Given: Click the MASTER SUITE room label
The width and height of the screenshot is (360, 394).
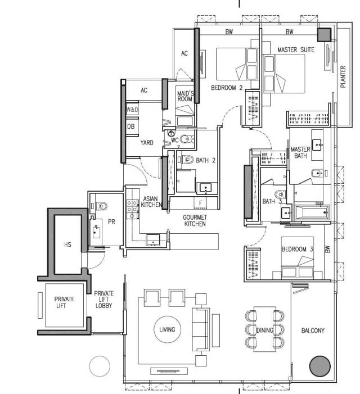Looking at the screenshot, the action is click(296, 49).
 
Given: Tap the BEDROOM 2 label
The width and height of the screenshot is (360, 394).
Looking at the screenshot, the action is click(227, 88).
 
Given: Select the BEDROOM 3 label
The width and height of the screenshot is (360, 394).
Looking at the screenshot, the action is click(297, 249).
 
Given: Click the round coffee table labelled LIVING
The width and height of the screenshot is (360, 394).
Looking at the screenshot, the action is click(167, 329).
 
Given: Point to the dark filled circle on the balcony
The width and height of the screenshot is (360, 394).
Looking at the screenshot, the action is click(319, 366).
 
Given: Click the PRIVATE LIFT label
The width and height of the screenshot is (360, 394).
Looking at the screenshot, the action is click(64, 302).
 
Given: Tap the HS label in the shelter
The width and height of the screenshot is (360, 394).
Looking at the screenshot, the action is click(67, 244).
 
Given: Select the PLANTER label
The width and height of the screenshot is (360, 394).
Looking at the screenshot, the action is click(343, 76).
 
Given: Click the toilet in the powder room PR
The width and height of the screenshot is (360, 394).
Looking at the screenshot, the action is click(101, 206).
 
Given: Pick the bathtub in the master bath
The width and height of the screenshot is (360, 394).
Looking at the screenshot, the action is click(312, 212).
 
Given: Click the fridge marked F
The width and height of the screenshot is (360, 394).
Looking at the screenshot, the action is click(200, 202).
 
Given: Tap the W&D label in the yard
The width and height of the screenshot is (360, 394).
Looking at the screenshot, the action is click(132, 110).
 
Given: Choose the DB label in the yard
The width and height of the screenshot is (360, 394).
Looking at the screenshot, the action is click(130, 126).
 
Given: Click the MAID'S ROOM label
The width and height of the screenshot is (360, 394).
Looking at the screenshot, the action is click(185, 96).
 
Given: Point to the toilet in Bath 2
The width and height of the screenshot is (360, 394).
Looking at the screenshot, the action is click(187, 159).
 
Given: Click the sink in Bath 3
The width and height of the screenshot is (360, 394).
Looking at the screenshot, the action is click(286, 214).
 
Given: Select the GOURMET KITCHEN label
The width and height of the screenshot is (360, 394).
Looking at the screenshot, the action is click(195, 220).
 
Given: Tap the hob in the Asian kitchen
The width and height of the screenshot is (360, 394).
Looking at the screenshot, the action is click(132, 209).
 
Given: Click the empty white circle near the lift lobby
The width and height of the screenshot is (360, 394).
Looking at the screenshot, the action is click(100, 366).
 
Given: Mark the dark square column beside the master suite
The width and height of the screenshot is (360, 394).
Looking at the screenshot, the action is click(324, 35).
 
